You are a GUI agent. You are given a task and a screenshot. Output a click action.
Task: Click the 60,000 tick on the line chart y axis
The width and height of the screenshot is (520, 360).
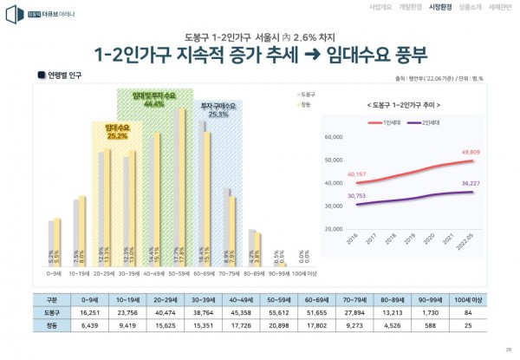[334, 137]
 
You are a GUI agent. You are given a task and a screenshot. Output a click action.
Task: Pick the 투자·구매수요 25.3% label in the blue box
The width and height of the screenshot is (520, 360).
[218, 110]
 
